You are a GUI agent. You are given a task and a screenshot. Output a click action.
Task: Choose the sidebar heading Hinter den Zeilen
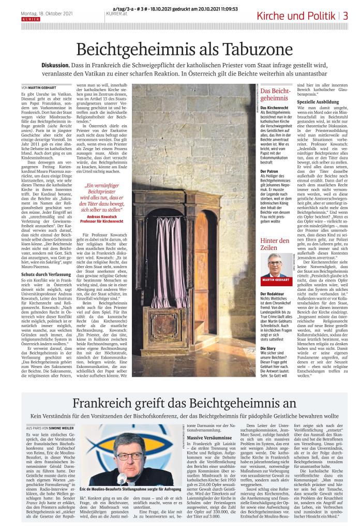click(275, 244)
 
